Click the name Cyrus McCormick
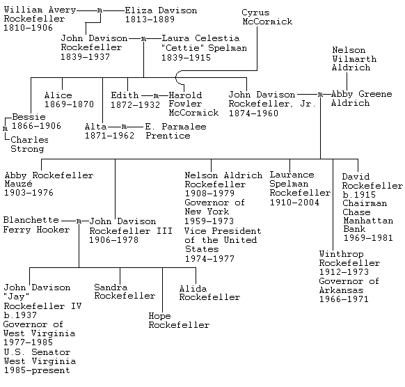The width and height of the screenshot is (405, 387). pos(267,17)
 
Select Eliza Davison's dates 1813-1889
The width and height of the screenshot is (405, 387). pos(150,19)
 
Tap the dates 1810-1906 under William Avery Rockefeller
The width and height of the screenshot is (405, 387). pos(28,28)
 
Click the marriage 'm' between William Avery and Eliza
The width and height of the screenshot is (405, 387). pos(100,10)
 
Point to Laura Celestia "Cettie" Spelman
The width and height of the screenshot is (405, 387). pos(204,48)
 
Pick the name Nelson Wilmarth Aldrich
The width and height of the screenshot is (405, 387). pos(354,58)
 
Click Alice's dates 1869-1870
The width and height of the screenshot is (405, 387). pos(69,104)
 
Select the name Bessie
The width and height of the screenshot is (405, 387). pos(29,117)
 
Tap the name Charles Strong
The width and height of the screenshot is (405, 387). pos(29,144)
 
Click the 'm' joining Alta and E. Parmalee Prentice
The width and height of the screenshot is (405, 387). pos(125,127)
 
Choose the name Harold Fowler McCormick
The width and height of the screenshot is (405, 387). pos(193,104)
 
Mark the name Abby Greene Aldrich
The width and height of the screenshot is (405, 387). pos(361,98)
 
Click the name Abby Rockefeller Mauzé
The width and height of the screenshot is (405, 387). pos(49,184)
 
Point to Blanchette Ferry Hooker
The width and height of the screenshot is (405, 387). pos(36,225)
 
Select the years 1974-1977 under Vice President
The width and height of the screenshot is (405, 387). pos(209,259)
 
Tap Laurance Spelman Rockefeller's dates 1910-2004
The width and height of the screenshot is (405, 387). pos(294,203)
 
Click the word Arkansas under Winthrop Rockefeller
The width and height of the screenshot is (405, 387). pos(341,290)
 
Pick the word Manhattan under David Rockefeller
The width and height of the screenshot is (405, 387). pos(368,221)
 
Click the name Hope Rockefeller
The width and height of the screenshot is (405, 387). pos(179,320)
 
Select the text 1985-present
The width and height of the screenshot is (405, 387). pos(37,370)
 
